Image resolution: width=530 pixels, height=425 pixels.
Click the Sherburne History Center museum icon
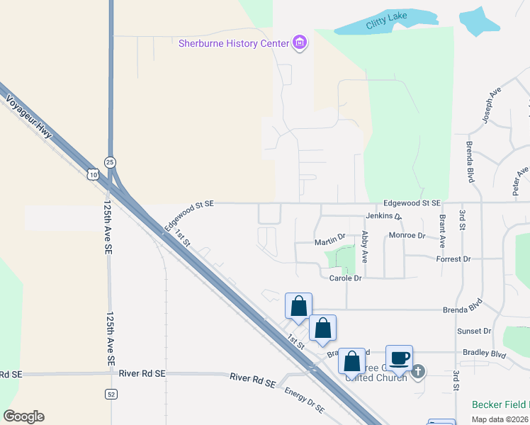[300, 43]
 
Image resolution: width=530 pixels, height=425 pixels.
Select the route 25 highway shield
[110, 162]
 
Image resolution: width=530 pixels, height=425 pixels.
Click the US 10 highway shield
[94, 174]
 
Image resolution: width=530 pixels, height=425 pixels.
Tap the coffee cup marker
[399, 358]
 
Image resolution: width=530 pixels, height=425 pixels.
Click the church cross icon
[419, 370]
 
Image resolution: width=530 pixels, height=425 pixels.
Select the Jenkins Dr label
[384, 215]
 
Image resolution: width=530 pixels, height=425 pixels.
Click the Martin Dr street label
[329, 242]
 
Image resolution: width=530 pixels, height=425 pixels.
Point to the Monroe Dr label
[407, 235]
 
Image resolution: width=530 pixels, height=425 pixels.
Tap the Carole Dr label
[346, 278]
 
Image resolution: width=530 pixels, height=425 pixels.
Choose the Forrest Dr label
[453, 259]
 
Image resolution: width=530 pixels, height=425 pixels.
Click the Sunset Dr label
[474, 331]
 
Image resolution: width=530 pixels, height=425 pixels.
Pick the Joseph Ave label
[492, 105]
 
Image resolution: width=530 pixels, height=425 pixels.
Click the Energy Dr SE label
[305, 400]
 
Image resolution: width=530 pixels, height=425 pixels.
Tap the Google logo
[23, 416]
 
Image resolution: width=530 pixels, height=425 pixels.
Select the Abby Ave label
[365, 246]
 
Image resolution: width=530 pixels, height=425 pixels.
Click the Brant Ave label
[443, 230]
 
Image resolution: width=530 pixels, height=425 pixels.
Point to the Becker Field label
[500, 404]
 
